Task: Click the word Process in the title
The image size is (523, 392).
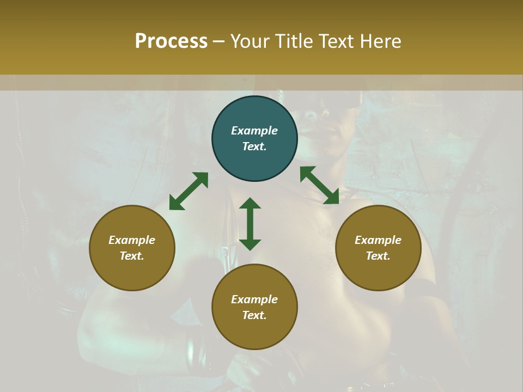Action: tap(171, 41)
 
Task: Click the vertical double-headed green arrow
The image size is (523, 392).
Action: tap(250, 224)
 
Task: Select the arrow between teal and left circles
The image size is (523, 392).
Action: tap(188, 191)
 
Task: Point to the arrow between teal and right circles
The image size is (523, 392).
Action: tap(319, 185)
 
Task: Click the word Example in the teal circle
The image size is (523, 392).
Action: tap(254, 131)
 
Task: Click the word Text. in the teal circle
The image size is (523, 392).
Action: tap(254, 146)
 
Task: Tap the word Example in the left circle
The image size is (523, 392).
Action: tap(132, 240)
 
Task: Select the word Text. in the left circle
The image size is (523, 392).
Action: tap(132, 256)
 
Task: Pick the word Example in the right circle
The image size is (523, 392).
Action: tap(378, 240)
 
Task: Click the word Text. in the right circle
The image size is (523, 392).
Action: tap(378, 256)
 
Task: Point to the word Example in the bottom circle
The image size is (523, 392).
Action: tap(254, 299)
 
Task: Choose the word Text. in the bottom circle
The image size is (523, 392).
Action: tap(254, 315)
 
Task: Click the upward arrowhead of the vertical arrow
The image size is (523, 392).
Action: tap(250, 203)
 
